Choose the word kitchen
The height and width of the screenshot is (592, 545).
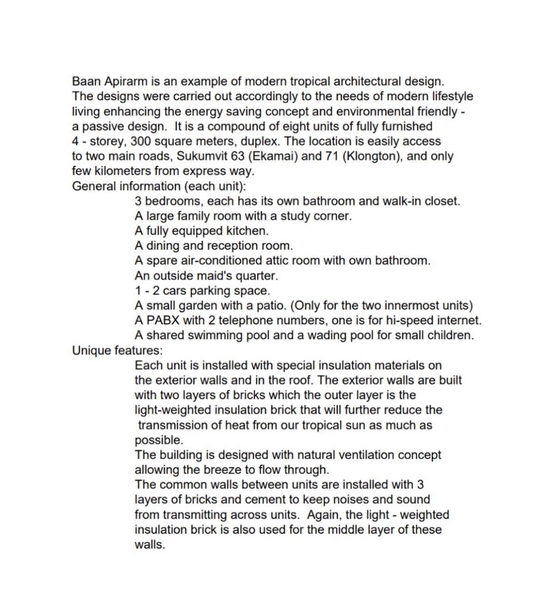249,231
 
